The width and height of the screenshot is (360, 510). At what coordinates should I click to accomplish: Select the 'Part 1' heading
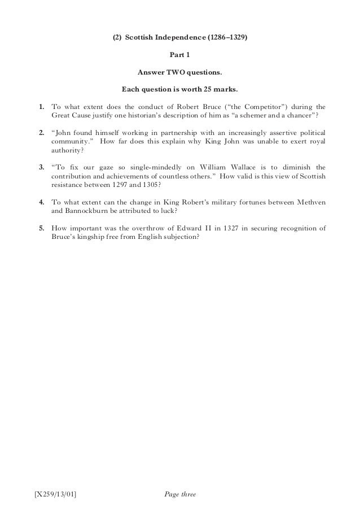[x=180, y=56]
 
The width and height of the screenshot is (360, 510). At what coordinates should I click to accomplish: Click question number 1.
[x=41, y=106]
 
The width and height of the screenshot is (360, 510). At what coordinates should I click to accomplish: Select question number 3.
[x=41, y=168]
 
